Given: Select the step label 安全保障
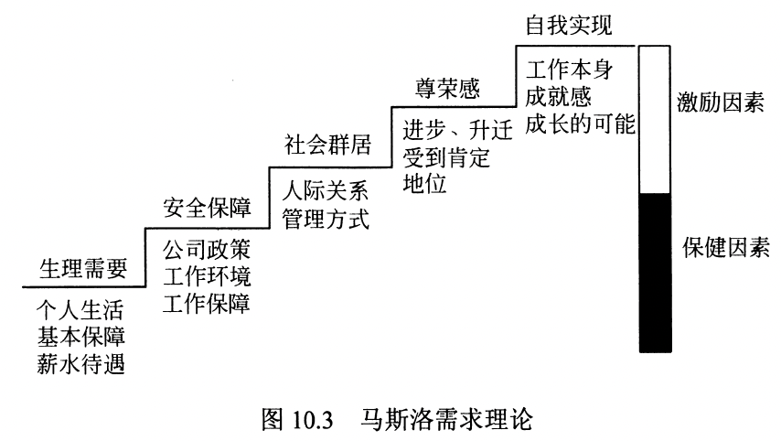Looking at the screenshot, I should pyautogui.click(x=206, y=205).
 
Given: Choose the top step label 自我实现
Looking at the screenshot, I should pyautogui.click(x=567, y=25).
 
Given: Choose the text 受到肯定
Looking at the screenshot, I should pyautogui.click(x=445, y=156).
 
